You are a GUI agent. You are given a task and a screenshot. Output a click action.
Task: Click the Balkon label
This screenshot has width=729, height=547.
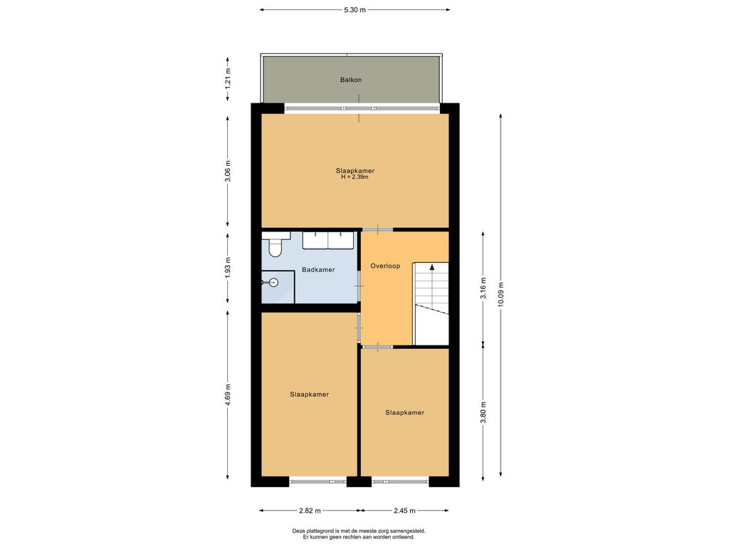(350, 80)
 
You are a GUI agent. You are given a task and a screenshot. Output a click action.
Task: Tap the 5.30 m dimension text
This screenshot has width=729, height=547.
(355, 10)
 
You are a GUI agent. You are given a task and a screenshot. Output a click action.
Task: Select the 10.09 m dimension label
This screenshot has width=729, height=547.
(500, 294)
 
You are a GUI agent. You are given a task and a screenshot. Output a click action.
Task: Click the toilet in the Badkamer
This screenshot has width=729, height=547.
(276, 247)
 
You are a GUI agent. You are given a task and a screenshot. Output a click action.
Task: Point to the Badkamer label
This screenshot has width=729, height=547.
(318, 270)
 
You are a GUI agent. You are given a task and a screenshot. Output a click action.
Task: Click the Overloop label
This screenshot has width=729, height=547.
(385, 266)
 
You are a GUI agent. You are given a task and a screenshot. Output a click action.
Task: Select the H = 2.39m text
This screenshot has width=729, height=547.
(355, 177)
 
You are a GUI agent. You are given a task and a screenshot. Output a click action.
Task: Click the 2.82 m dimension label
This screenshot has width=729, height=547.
(310, 511)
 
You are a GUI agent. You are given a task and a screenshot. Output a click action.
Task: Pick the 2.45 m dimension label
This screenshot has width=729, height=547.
(404, 511)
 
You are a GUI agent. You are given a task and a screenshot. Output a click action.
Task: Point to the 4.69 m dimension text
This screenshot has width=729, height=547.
(228, 395)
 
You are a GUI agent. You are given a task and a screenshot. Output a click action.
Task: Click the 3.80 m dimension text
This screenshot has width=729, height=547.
(483, 412)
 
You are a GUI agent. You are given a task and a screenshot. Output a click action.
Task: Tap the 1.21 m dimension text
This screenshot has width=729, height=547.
(228, 78)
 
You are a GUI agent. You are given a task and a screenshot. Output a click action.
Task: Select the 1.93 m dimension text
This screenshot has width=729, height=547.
(228, 268)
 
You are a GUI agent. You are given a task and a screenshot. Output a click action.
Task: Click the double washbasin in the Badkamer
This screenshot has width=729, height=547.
(328, 241)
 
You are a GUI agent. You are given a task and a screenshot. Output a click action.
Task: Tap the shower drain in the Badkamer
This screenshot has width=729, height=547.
(273, 282)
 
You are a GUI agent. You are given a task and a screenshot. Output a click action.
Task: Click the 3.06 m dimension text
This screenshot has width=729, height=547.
(228, 171)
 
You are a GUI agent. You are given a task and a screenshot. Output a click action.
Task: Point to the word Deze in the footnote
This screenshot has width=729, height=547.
(298, 531)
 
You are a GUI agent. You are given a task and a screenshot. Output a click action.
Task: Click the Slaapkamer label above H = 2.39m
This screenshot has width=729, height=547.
(355, 171)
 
